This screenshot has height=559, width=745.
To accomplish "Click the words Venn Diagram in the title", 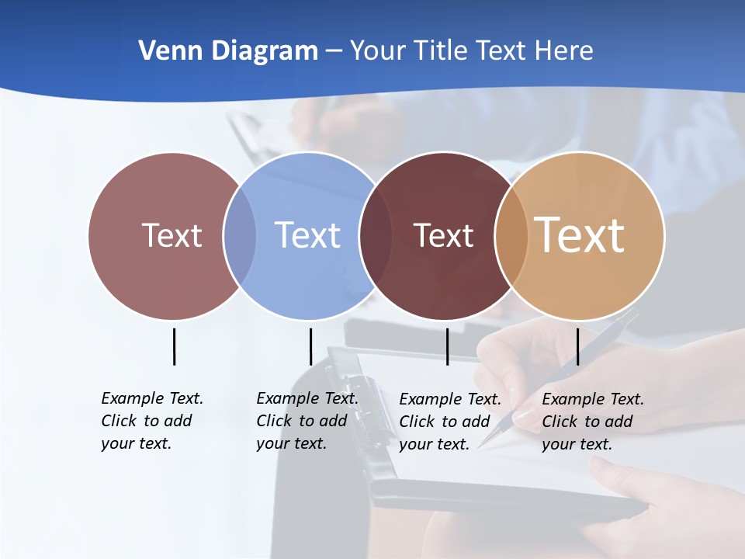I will coord(228,50).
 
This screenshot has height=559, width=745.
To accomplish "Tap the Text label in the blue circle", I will coord(307,235).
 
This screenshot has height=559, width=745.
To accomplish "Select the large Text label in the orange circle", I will coord(580,234).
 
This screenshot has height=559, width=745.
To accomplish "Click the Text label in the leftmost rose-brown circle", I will coord(172,235).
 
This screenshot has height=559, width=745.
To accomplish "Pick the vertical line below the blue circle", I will coord(310,346).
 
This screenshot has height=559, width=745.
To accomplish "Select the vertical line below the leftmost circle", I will coord(175,346).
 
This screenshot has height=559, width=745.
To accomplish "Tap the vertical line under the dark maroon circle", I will coord(448,346).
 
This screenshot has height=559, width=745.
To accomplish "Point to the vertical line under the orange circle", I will coord(577,346).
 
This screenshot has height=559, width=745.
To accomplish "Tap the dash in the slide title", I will coord(334,51).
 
